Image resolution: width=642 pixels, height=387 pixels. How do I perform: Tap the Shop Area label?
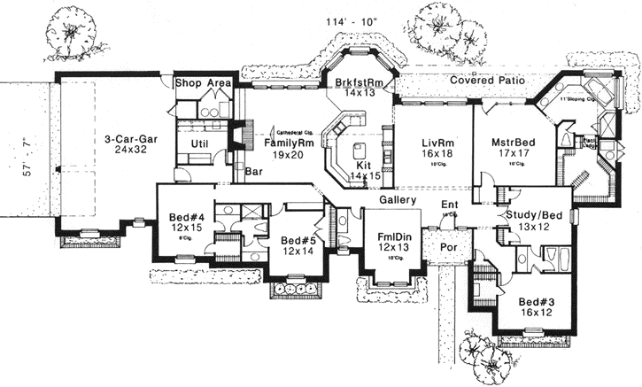pyautogui.click(x=203, y=83)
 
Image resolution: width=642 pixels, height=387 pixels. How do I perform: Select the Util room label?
pyautogui.click(x=200, y=143)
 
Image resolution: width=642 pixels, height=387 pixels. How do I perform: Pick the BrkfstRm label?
pyautogui.click(x=359, y=82)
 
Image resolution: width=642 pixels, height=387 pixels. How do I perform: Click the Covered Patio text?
pyautogui.click(x=489, y=80)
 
